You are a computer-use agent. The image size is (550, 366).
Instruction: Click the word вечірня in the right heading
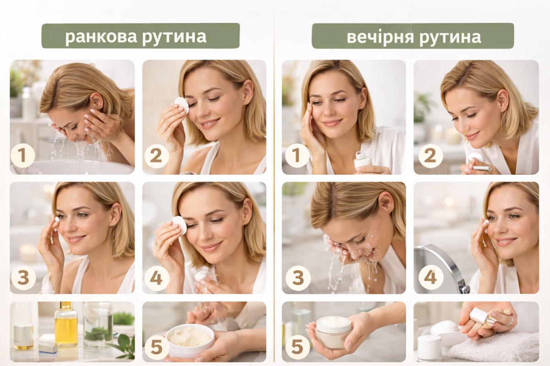380,37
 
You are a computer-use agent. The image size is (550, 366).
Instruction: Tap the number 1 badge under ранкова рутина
22,156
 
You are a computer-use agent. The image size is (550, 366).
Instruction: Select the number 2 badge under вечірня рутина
431,156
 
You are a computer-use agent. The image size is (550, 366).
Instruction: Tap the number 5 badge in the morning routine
156,347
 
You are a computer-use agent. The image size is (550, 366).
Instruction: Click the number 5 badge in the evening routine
297,347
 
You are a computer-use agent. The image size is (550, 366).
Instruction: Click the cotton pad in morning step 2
181,105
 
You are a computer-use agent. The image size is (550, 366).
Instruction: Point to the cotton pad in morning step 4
179,226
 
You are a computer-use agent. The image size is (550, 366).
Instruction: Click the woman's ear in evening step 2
503,101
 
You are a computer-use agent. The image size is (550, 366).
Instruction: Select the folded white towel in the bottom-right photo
494,348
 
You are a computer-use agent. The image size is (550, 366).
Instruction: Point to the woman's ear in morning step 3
115,214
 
